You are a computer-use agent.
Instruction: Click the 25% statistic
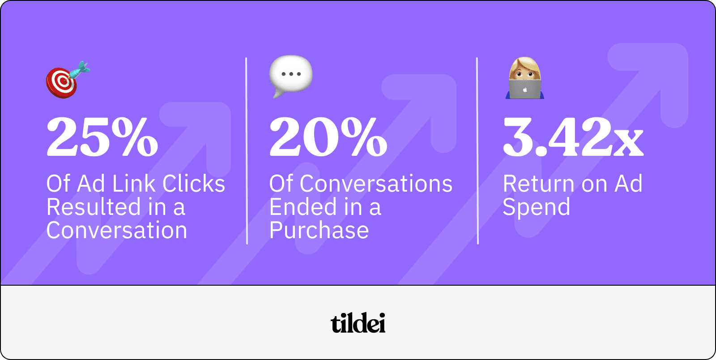click(102, 137)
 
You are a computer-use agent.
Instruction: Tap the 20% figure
click(328, 137)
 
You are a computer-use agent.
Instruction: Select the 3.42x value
click(573, 137)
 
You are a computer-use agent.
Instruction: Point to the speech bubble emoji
click(290, 76)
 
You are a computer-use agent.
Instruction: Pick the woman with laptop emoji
click(525, 79)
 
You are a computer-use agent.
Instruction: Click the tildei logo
click(358, 323)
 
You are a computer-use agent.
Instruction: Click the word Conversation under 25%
click(116, 231)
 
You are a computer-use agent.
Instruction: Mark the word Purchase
click(319, 231)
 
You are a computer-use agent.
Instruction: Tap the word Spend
click(536, 207)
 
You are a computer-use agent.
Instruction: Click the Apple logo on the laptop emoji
click(525, 90)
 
